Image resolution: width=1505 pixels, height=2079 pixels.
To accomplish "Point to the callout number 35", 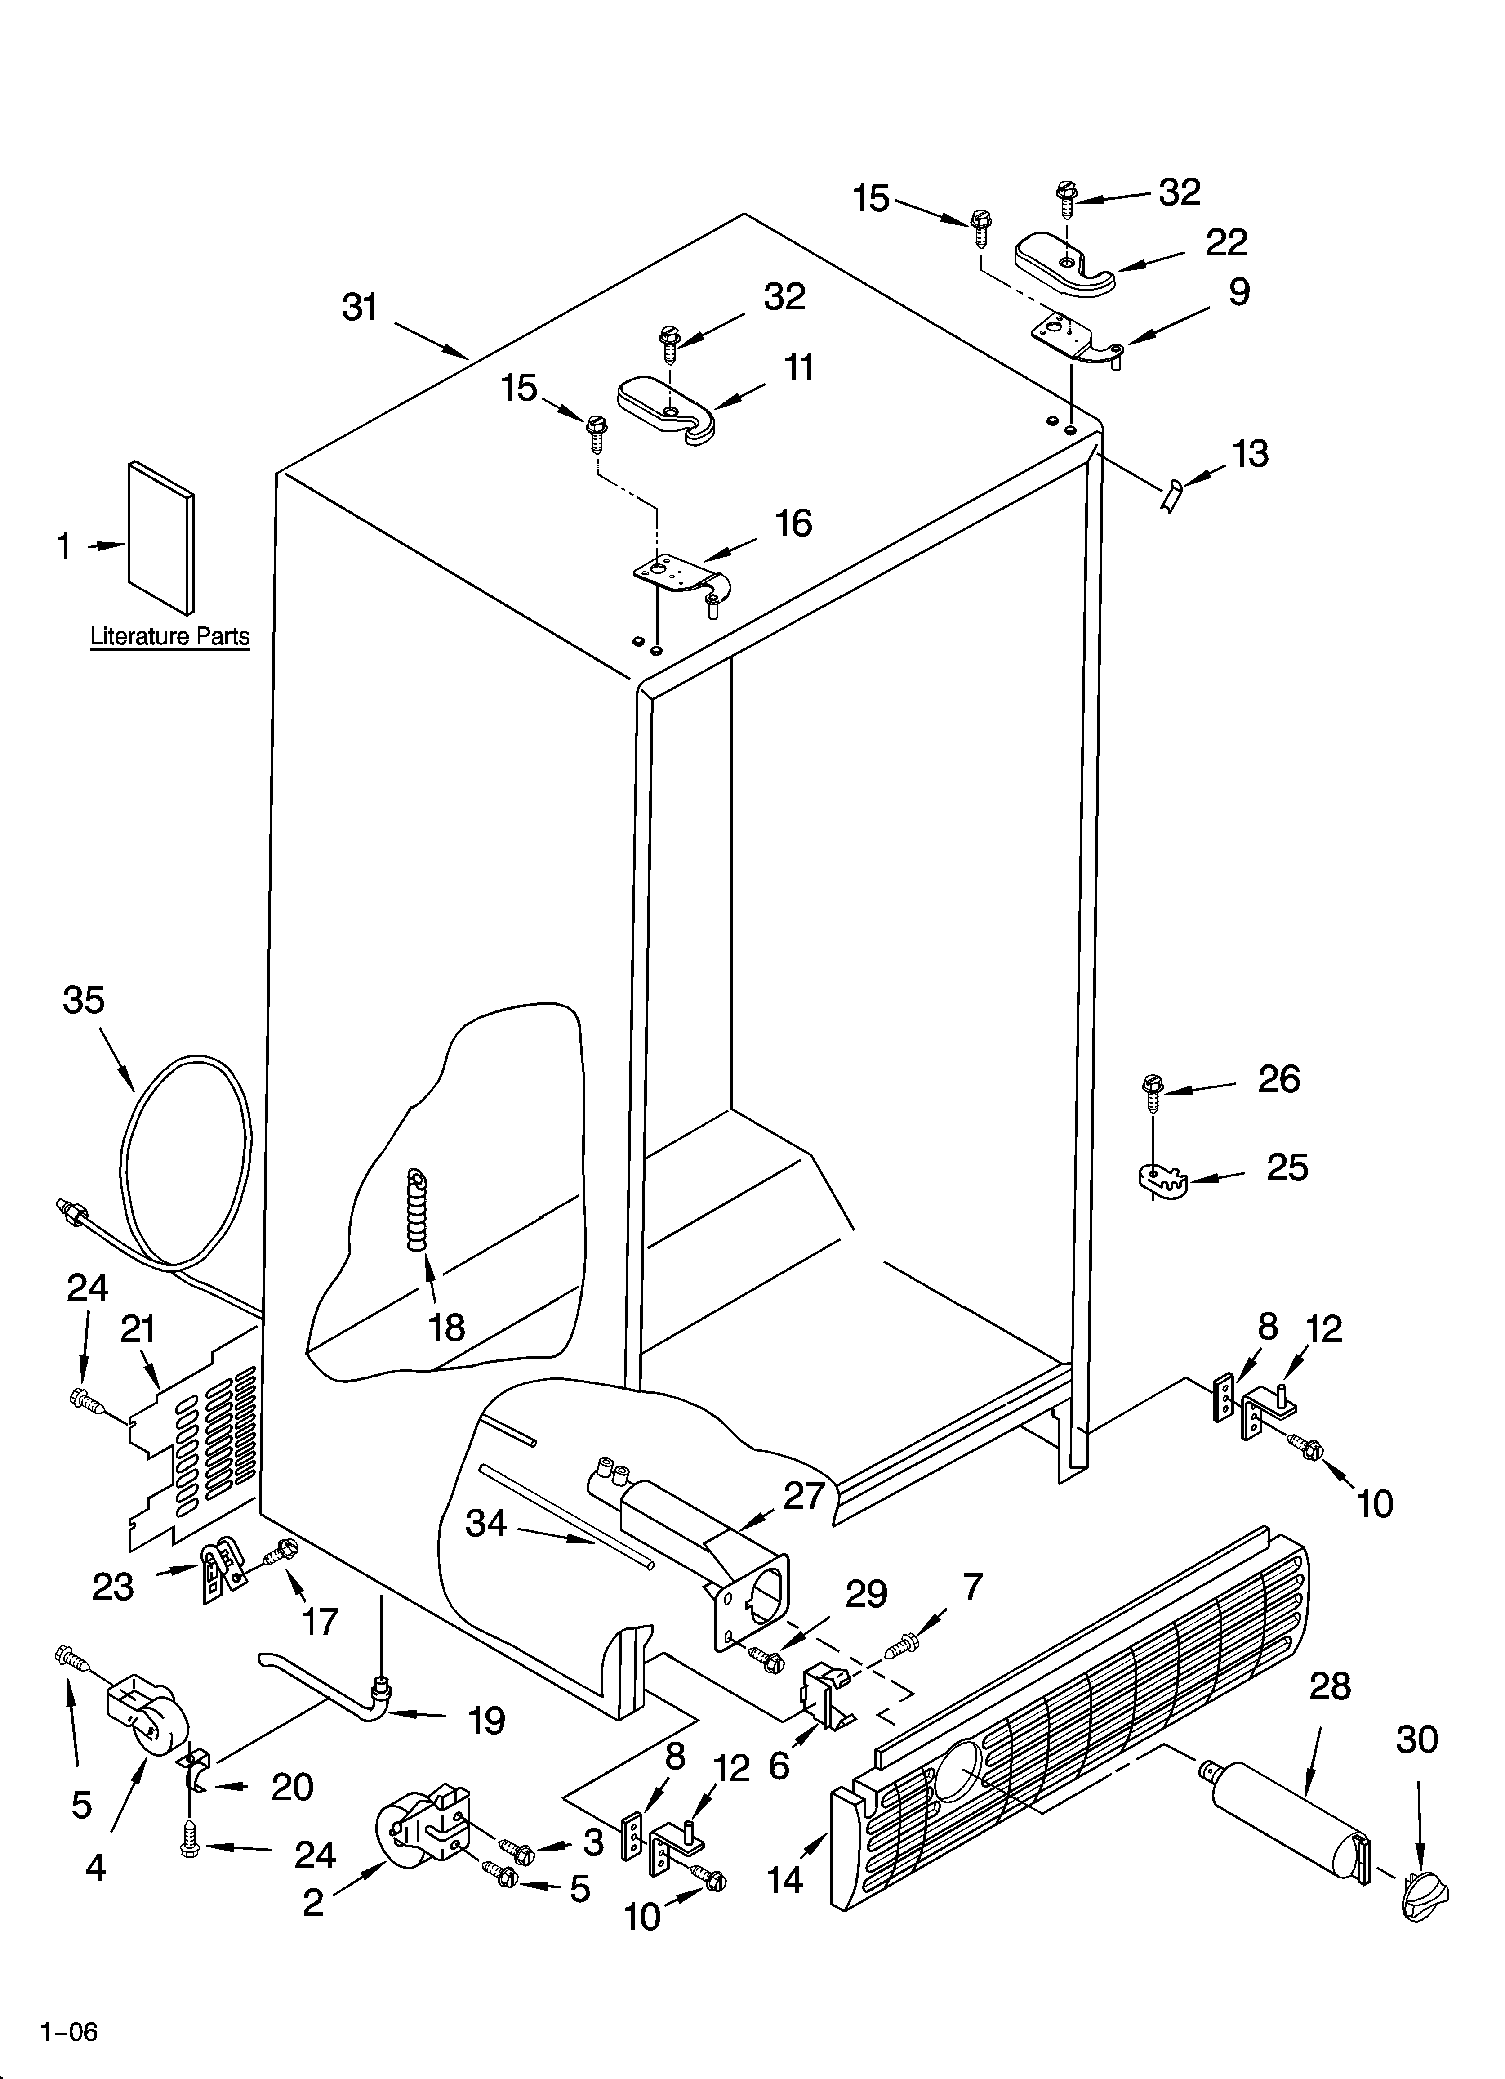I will (x=84, y=1000).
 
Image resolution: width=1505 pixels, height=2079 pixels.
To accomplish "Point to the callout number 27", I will (x=804, y=1495).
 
